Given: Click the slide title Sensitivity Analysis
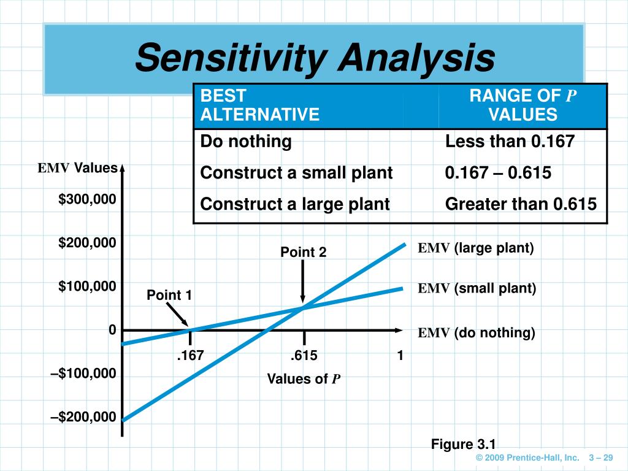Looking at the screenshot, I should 315,58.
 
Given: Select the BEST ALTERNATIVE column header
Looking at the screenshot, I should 261,105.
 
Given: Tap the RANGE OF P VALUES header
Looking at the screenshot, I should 523,105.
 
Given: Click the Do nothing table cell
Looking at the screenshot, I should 246,142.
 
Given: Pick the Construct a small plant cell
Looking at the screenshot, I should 296,173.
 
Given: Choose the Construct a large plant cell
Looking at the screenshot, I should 295,204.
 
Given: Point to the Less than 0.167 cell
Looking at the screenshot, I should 510,142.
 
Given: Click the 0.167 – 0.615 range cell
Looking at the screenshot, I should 498,173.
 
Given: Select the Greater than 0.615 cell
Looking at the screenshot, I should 521,204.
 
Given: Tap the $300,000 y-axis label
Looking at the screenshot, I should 87,199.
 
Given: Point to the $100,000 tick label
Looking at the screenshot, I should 87,286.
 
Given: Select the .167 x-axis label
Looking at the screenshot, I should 190,356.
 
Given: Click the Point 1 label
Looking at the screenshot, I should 169,296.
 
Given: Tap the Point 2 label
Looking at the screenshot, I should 304,252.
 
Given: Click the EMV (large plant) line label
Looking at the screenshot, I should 477,248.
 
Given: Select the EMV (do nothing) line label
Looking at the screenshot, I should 477,333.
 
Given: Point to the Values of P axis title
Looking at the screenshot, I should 304,379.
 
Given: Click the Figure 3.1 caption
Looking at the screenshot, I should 463,444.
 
